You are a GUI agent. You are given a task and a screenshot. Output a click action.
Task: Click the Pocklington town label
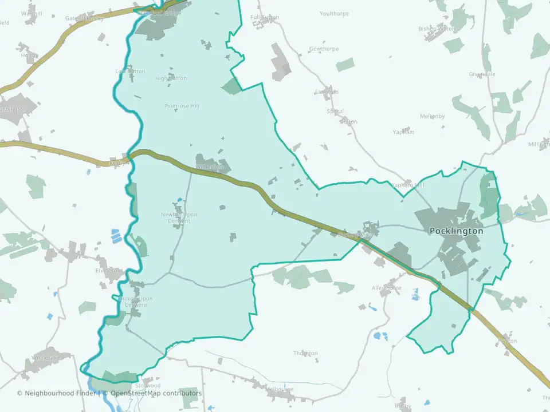coord(456,231)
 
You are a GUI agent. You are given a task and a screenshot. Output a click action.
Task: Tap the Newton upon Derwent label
coord(179,218)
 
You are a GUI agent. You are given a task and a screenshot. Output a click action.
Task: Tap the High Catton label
coord(171,78)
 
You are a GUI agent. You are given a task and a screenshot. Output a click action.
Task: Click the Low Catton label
coord(131,72)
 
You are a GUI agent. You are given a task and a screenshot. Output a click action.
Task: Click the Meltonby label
coord(432,116)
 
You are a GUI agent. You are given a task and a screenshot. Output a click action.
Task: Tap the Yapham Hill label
coord(407,185)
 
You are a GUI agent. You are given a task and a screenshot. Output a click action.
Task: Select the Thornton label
coord(305,353)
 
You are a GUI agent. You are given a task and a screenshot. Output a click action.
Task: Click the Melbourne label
coord(280,390)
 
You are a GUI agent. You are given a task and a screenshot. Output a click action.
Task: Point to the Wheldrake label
coord(46,358)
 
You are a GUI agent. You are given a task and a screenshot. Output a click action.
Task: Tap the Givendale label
coord(482,74)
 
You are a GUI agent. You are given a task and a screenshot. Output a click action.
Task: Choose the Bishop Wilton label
coord(437,28)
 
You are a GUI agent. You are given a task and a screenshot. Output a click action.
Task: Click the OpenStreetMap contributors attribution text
coord(156,393)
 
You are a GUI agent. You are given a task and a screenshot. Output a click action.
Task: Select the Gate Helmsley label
coord(84,18)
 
